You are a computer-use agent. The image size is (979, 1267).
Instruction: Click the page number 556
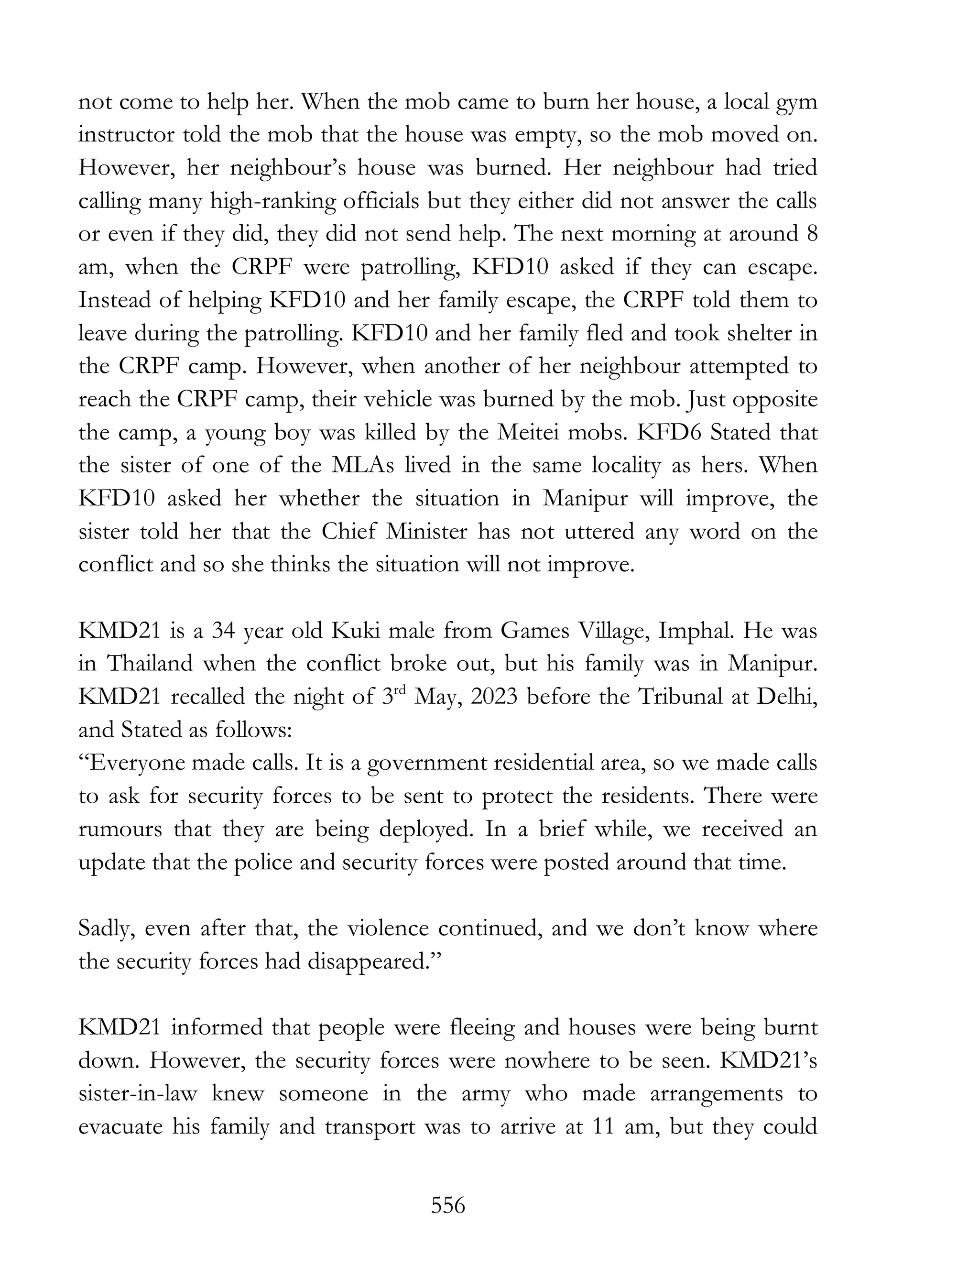(x=448, y=1206)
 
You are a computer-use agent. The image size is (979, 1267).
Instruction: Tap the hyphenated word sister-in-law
(x=138, y=1094)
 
